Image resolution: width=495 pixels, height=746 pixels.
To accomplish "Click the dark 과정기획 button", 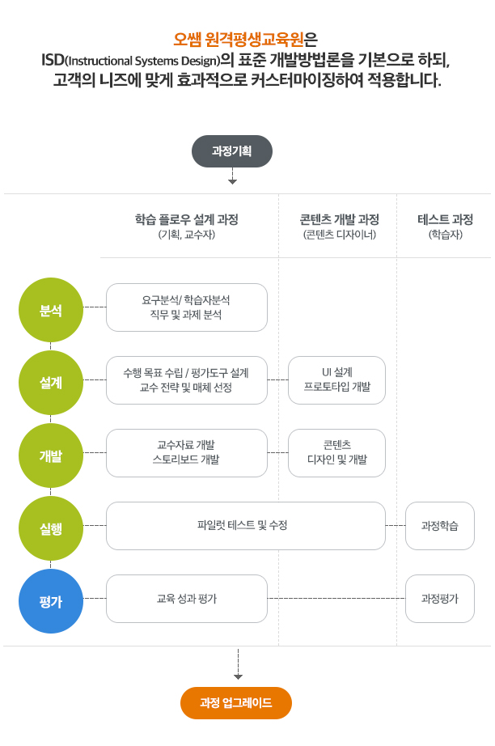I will (x=232, y=151).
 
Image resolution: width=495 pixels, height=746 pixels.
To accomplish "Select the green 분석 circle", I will (x=50, y=312).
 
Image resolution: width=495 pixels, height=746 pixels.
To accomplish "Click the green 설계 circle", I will (x=50, y=383).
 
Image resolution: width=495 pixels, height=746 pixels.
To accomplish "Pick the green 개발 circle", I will (x=50, y=455).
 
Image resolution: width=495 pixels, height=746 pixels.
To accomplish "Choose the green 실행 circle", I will (x=50, y=528).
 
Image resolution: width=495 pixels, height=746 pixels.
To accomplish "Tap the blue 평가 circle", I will (x=50, y=600).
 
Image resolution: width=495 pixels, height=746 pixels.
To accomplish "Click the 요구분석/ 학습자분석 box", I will (x=187, y=307).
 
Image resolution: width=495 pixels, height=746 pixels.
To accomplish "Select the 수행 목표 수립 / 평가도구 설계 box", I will (x=187, y=380).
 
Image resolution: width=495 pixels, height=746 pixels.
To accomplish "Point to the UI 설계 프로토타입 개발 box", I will (x=336, y=380).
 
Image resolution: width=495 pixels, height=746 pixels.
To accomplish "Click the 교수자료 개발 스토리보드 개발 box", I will (x=187, y=453).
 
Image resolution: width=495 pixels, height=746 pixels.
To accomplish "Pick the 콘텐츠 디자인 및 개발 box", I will (x=336, y=453).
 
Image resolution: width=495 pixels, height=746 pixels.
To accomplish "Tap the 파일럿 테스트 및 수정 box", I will (x=246, y=526).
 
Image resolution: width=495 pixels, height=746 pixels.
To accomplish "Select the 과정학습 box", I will (x=440, y=526).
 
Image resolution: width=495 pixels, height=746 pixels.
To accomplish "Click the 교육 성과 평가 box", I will (x=187, y=599).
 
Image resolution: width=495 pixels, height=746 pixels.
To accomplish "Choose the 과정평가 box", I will (x=440, y=599).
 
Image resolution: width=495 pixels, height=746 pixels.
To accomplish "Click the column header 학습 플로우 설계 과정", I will (x=187, y=219).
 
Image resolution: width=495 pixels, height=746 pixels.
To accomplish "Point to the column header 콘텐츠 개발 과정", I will (x=339, y=219).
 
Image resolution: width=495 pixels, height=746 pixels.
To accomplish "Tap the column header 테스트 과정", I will (x=445, y=219).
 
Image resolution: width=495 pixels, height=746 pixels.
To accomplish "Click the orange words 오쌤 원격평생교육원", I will (x=240, y=40).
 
